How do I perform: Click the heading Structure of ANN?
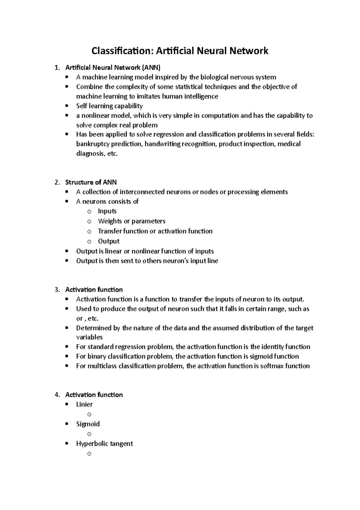91,182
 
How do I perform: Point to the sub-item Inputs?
107,211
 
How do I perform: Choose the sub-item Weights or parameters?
131,221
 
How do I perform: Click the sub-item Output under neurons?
109,241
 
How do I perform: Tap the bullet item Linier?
84,404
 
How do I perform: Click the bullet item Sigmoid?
88,424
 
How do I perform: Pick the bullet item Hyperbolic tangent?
104,444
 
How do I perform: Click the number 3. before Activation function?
57,290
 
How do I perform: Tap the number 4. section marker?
57,395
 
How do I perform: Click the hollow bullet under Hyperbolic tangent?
89,454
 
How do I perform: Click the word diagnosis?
90,154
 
